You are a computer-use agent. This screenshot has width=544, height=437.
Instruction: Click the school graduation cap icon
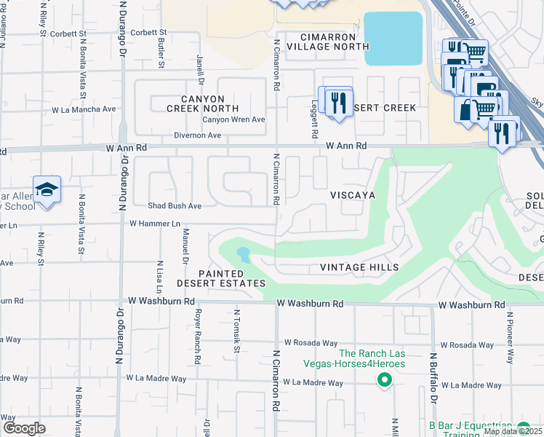coord(47,190)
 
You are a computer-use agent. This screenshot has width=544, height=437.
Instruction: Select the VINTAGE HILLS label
coord(355,268)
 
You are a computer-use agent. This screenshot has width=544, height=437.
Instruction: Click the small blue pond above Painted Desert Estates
coord(243,255)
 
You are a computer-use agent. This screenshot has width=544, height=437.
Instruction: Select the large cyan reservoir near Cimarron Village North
coord(393,39)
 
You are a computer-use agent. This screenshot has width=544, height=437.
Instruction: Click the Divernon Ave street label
coord(197,135)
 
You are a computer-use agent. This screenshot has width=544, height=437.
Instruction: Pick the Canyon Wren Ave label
coord(233,119)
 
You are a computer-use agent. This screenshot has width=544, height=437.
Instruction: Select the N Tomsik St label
coord(237,332)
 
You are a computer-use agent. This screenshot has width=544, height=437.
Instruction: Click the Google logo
coord(23,428)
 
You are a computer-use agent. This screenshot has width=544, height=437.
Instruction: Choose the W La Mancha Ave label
coord(84,109)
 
